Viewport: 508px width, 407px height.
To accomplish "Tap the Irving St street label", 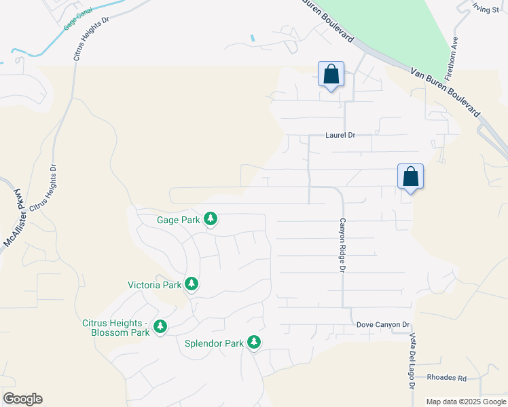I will (486, 8).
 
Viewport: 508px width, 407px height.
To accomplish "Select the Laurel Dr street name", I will (340, 135).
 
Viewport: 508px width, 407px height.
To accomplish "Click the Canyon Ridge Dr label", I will (343, 245).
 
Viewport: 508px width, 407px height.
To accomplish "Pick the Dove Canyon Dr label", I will (384, 326).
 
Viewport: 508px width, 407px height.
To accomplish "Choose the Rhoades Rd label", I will (446, 378).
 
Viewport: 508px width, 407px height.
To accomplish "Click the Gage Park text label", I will (178, 220).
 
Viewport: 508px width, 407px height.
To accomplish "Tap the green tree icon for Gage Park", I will (211, 219).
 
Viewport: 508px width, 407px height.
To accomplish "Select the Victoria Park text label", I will (155, 285).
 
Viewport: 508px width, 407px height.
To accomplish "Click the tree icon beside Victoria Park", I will (192, 284).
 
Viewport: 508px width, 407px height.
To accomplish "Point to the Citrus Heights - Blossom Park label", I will (115, 328).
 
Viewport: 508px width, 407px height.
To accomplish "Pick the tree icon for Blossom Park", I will (160, 327).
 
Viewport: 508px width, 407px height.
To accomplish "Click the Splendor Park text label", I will (214, 343).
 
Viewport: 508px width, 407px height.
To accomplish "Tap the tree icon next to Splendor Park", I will (254, 342).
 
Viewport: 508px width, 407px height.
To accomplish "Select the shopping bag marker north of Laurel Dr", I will (331, 75).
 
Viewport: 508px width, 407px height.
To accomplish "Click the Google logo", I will (22, 399).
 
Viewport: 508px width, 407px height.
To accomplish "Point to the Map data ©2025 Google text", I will (465, 402).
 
